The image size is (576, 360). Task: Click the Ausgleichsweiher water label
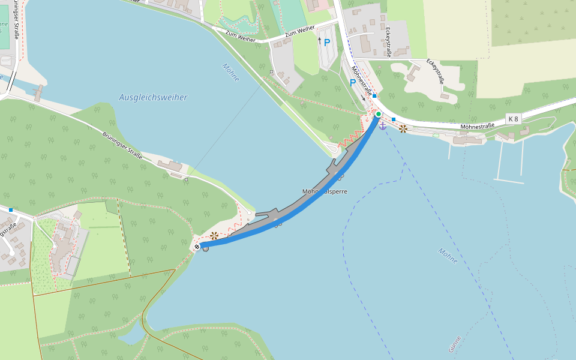tap(153, 97)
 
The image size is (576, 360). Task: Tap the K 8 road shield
tap(513, 119)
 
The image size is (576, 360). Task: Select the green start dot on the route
tap(379, 114)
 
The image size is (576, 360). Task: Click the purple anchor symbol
tap(383, 125)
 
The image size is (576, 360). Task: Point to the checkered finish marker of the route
tap(197, 246)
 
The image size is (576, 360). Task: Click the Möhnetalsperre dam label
tap(325, 191)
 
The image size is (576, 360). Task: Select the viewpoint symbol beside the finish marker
tap(214, 236)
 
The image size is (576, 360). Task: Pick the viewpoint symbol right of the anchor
tap(403, 128)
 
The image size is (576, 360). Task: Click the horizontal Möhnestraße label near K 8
tap(478, 126)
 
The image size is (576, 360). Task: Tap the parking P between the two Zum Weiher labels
tap(327, 43)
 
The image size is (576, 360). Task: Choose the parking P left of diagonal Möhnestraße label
tap(353, 83)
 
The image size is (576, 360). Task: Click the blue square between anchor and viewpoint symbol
tap(394, 119)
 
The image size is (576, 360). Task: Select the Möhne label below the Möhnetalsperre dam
tap(448, 256)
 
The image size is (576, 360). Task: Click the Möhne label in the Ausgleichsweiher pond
tap(230, 73)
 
